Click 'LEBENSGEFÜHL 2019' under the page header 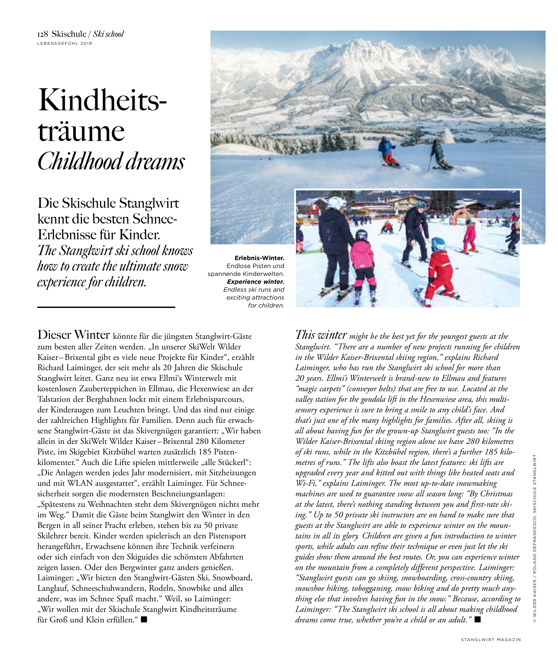click(x=64, y=43)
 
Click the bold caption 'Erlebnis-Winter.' click(x=259, y=258)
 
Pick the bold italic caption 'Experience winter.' click(x=255, y=282)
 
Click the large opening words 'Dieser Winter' click(x=74, y=335)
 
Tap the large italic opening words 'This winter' click(x=321, y=335)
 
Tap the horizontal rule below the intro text click(x=106, y=307)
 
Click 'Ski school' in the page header click(x=108, y=34)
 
